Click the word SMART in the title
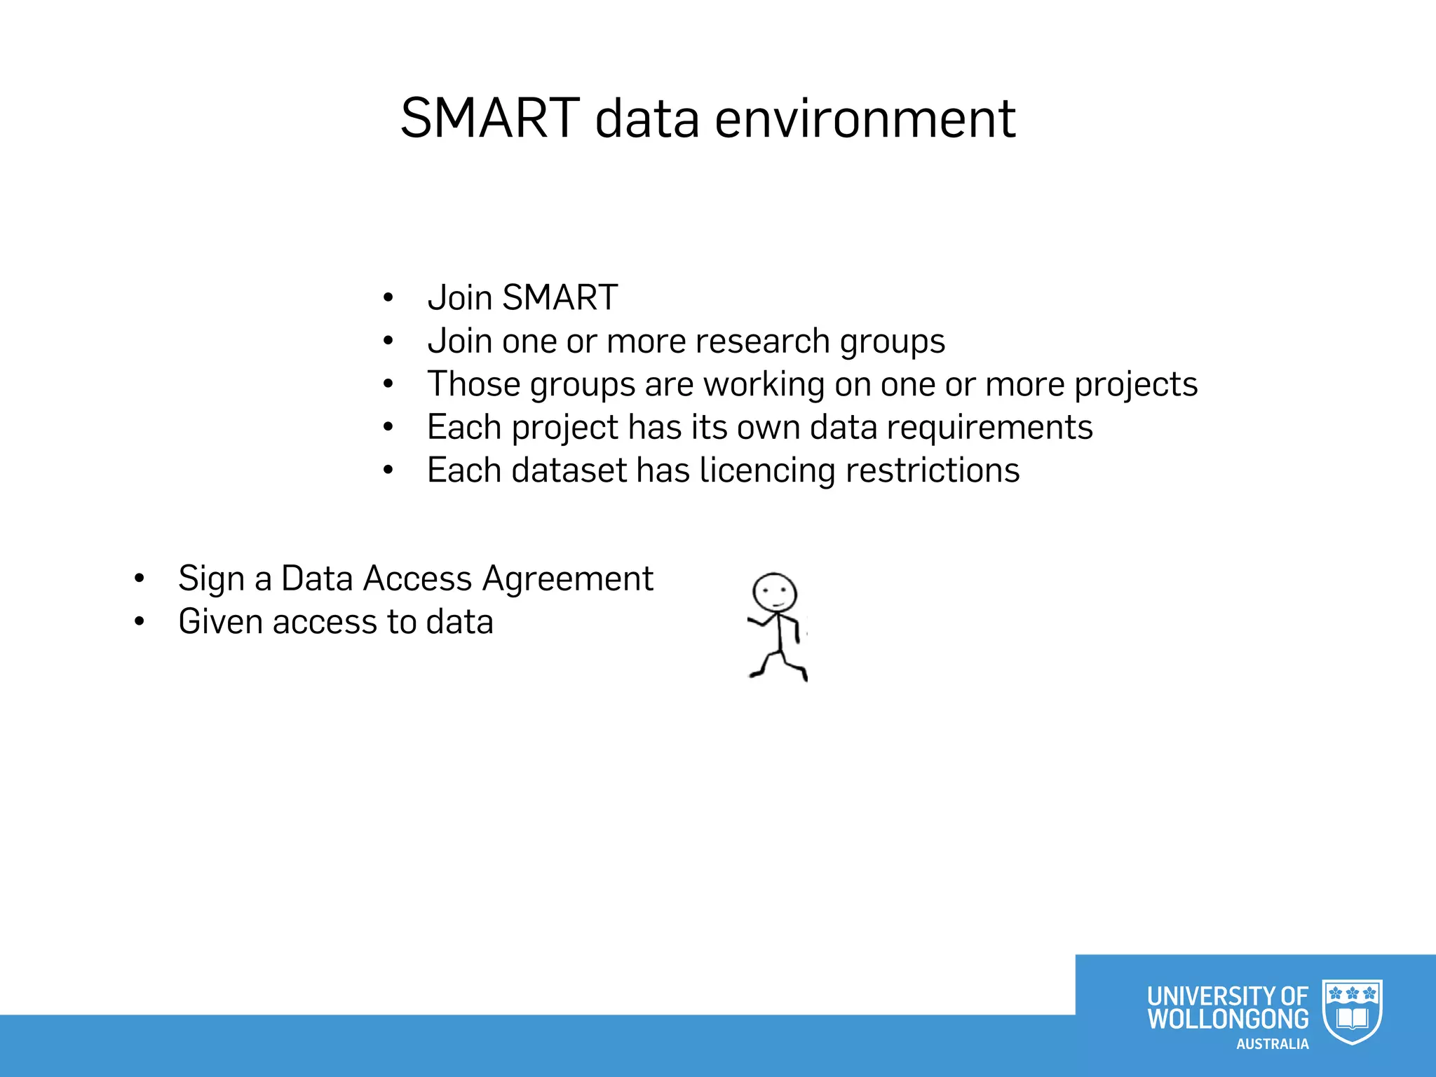click(x=490, y=118)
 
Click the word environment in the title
click(x=865, y=118)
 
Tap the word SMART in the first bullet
click(x=560, y=297)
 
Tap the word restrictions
click(x=933, y=470)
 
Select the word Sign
click(x=211, y=579)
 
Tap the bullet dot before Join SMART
click(x=388, y=298)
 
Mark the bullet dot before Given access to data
click(x=140, y=622)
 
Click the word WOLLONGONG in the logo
click(x=1228, y=1019)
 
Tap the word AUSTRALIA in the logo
click(x=1272, y=1044)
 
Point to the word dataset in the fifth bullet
click(x=569, y=470)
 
